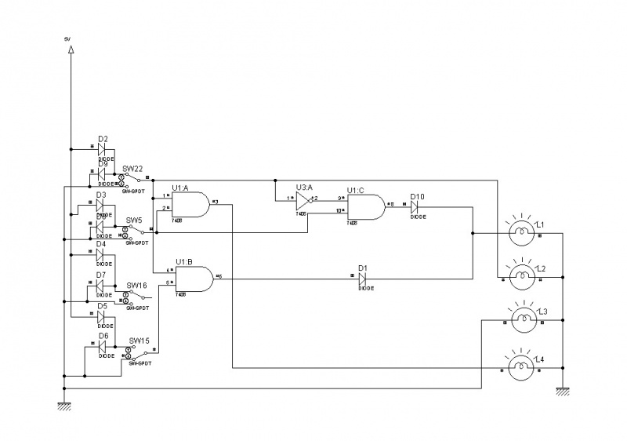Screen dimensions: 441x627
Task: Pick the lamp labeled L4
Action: click(x=521, y=366)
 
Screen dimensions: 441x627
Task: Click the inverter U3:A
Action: click(x=304, y=202)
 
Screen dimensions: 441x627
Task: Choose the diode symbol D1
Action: click(x=362, y=278)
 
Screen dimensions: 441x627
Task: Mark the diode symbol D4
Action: click(x=101, y=254)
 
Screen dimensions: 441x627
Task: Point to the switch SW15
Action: click(x=137, y=352)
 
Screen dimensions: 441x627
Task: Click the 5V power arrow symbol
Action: click(x=71, y=49)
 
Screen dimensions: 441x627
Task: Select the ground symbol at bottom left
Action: click(x=63, y=405)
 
